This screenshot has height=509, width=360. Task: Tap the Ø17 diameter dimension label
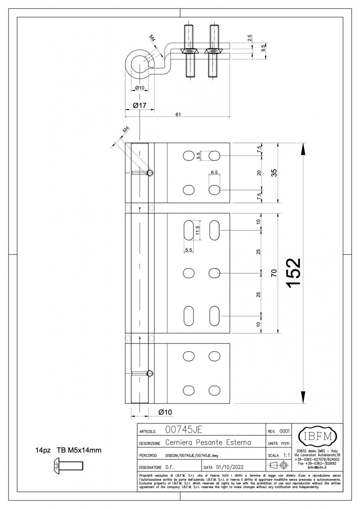(x=140, y=106)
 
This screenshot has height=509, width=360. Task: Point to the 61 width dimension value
(x=178, y=114)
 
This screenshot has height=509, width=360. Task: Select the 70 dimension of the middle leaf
(x=274, y=273)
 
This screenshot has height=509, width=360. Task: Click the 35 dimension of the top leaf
(x=274, y=173)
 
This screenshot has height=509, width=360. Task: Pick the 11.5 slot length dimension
(x=198, y=230)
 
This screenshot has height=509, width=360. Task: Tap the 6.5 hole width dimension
(x=214, y=172)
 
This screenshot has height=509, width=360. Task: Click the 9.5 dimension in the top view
(x=263, y=48)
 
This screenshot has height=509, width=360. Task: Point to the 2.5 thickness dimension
(x=250, y=38)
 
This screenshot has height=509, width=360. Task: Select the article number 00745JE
(x=184, y=430)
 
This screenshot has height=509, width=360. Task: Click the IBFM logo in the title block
(x=317, y=437)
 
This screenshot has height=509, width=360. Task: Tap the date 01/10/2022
(x=230, y=467)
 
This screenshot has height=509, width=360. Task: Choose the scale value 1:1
(x=286, y=455)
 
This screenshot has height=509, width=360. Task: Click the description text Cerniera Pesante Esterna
(x=208, y=442)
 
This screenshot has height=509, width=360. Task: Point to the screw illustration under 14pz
(x=69, y=468)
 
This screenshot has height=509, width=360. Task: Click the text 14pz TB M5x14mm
(x=68, y=450)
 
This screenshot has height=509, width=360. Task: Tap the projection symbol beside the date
(x=279, y=465)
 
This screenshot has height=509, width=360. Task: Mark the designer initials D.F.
(x=169, y=467)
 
